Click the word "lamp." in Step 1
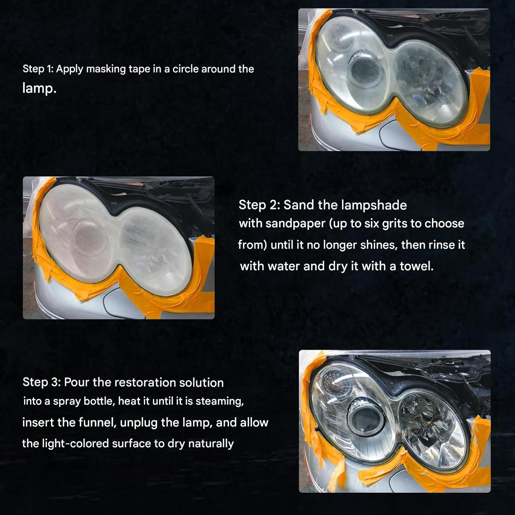tap(39, 88)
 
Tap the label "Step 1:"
tap(38, 69)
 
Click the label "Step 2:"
tap(259, 205)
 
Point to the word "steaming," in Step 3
tap(220, 402)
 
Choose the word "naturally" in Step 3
tap(211, 444)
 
